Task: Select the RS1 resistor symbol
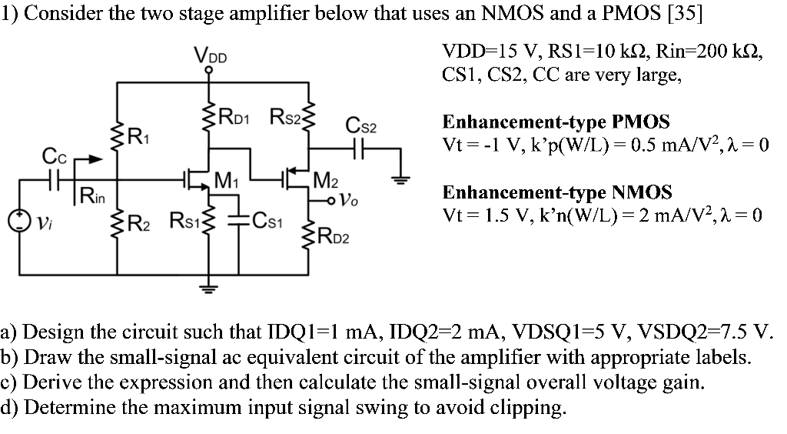pyautogui.click(x=208, y=224)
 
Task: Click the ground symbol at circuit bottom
pyautogui.click(x=208, y=288)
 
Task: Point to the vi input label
pyautogui.click(x=43, y=223)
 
